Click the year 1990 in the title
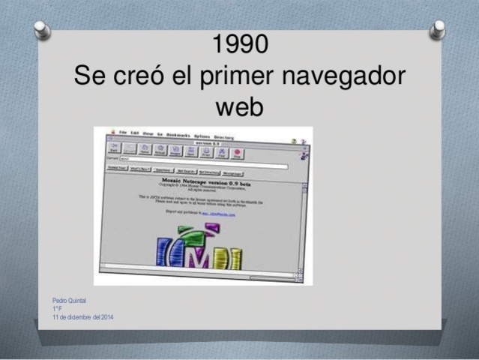pyautogui.click(x=239, y=45)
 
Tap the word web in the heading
pyautogui.click(x=239, y=108)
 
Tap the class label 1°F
pyautogui.click(x=57, y=309)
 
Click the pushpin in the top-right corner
pyautogui.click(x=438, y=29)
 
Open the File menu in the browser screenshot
pyautogui.click(x=123, y=133)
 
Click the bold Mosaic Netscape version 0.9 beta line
pyautogui.click(x=202, y=180)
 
